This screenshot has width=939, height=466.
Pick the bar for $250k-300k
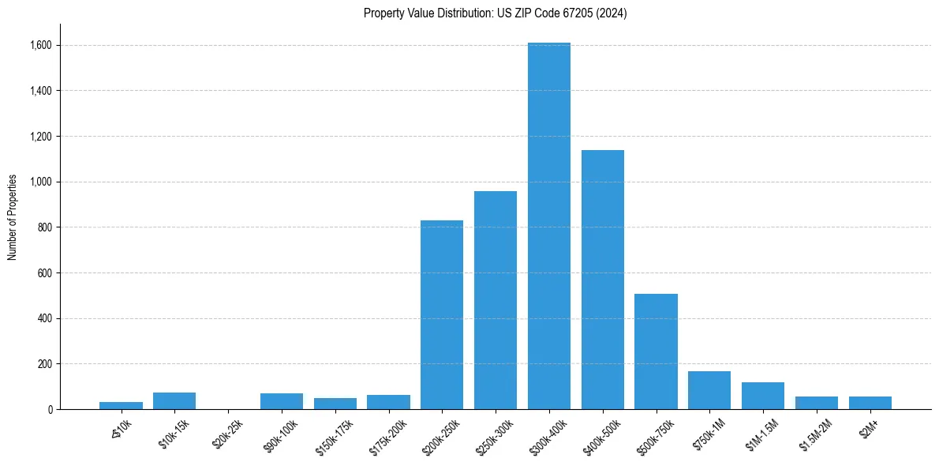(496, 300)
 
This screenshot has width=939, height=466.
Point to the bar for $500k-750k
(657, 351)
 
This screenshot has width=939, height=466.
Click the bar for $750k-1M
(709, 390)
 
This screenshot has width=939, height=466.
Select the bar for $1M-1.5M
(763, 396)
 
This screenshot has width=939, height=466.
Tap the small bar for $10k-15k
(174, 401)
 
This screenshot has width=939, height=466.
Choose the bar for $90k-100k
(282, 401)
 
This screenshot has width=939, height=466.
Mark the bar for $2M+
(870, 403)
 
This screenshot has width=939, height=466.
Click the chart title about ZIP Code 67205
(496, 13)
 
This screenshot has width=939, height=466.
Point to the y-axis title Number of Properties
(13, 216)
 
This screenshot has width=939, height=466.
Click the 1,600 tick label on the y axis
(41, 45)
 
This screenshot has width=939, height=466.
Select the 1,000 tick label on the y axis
(41, 182)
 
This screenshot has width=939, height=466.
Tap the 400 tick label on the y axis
(45, 318)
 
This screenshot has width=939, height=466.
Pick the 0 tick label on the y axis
(50, 409)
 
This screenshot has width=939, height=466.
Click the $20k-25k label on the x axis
(227, 434)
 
